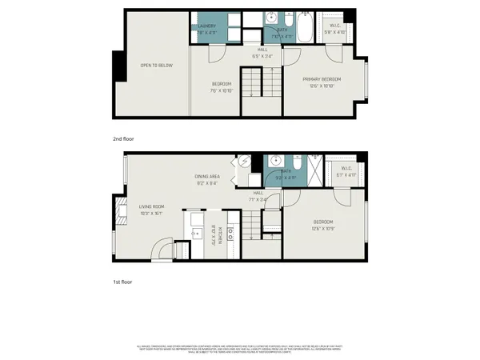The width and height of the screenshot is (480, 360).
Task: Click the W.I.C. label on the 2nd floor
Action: (334, 30)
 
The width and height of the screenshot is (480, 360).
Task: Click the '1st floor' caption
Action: (122, 282)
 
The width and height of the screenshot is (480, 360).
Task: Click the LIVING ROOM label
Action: (151, 210)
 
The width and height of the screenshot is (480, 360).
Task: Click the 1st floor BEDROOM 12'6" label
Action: (323, 224)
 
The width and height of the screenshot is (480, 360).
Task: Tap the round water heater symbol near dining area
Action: (245, 162)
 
